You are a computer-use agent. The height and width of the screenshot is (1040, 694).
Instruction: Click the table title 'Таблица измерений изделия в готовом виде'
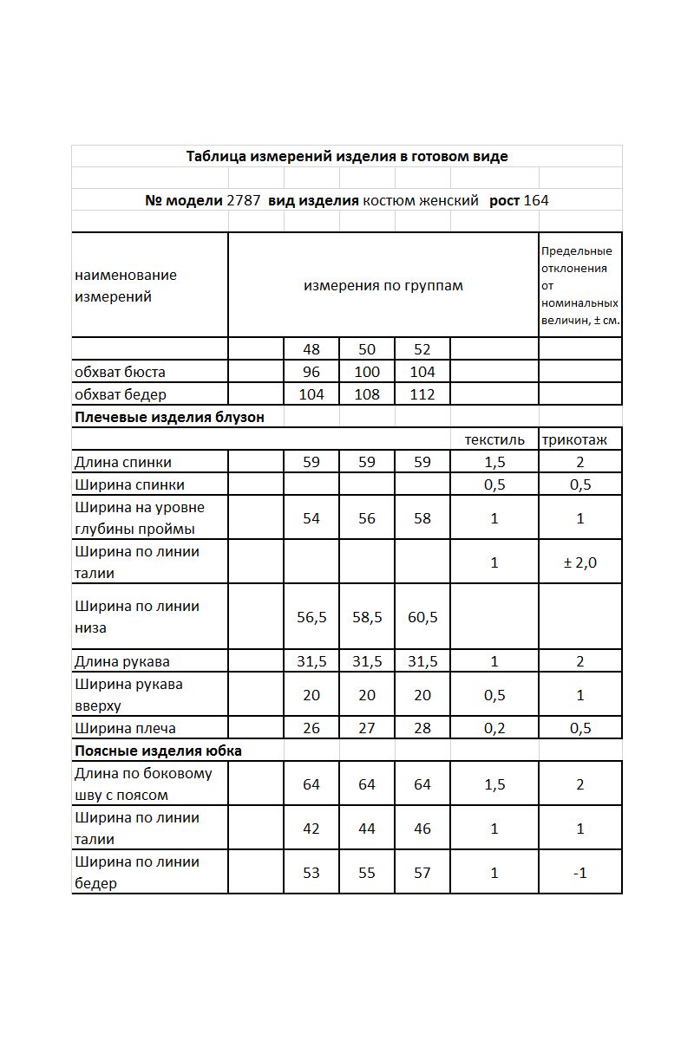[347, 157]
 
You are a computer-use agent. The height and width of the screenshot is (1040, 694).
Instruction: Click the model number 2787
[243, 200]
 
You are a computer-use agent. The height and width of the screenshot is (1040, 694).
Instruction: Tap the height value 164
[536, 200]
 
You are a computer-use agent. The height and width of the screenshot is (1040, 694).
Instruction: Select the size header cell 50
[367, 349]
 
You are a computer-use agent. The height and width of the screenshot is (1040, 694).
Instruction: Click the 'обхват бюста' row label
[121, 372]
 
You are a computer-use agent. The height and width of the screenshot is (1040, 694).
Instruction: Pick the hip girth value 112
[422, 394]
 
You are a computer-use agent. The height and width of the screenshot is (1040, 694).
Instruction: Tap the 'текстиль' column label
[494, 439]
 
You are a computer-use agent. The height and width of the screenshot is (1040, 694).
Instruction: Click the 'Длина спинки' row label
[123, 462]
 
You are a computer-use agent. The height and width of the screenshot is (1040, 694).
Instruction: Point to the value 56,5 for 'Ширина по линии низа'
[311, 617]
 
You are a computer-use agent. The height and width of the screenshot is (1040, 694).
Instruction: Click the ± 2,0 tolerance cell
[580, 562]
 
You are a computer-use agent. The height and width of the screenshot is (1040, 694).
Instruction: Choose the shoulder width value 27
[367, 728]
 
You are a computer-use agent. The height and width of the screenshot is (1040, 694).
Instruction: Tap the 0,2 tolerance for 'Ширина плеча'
[494, 728]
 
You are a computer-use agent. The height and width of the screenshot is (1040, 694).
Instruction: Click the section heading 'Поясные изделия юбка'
[159, 751]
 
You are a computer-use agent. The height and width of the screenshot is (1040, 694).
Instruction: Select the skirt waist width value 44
[367, 829]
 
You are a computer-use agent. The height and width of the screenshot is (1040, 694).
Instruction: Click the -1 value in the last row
[580, 873]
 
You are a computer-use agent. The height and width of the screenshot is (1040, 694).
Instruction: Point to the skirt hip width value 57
[422, 873]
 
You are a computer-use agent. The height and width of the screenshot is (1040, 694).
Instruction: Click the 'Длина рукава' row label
[122, 661]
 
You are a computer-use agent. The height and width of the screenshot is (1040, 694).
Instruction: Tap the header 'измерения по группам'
[383, 285]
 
